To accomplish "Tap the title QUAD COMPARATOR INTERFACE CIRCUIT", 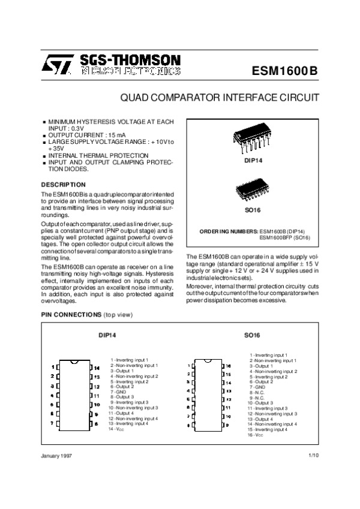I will pyautogui.click(x=220, y=97).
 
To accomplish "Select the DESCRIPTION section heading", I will pyautogui.click(x=64, y=183).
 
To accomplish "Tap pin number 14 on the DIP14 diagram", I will pyautogui.click(x=96, y=367).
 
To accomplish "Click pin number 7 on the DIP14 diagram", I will pyautogui.click(x=53, y=423).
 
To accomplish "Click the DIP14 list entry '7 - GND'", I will pyautogui.click(x=120, y=392).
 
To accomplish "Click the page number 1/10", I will pyautogui.click(x=314, y=456).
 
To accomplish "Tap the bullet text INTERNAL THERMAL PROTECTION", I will pyautogui.click(x=90, y=155).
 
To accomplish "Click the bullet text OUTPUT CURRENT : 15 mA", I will pyautogui.click(x=81, y=135).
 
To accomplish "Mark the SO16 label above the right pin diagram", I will pyautogui.click(x=251, y=336).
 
